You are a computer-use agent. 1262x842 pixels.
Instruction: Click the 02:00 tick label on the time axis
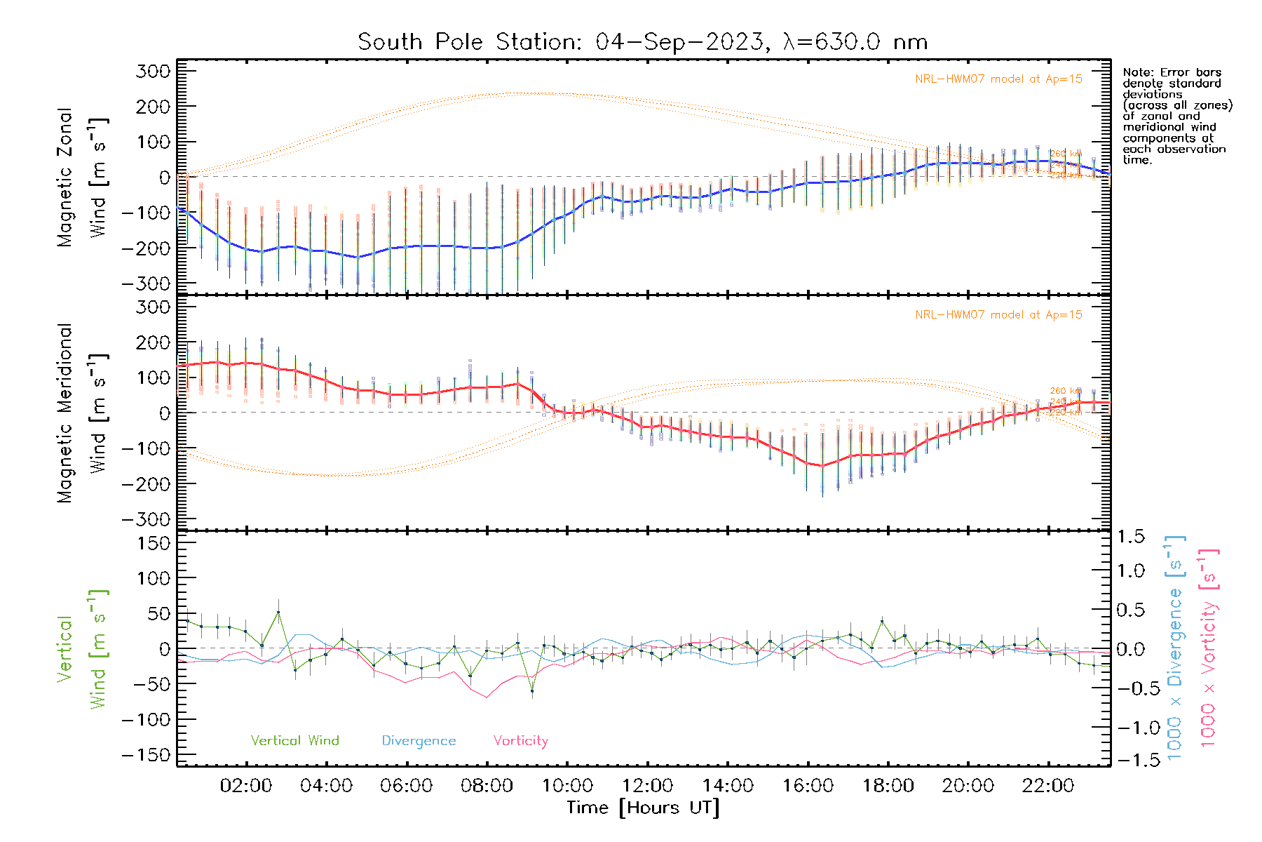245,786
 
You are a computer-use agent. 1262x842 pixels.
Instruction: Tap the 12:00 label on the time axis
647,786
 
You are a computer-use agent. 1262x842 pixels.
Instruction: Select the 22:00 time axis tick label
1048,786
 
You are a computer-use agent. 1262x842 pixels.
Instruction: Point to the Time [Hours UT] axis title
643,808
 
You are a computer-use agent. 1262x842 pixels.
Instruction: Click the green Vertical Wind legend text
294,741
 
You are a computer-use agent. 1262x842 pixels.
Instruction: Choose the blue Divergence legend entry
419,741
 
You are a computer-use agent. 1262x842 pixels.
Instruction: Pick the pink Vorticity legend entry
520,741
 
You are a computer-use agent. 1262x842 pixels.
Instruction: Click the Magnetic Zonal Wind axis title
81,177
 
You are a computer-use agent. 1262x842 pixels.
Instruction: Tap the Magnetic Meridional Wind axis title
81,413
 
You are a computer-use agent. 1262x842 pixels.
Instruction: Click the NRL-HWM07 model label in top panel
998,79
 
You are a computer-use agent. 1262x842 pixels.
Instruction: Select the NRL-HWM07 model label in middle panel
998,315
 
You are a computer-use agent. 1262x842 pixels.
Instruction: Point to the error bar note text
1176,116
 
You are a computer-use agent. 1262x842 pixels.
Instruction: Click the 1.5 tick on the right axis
1130,537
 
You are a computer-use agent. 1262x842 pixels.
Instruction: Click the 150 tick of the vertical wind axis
153,543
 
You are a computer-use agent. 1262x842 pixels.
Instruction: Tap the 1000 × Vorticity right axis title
1208,648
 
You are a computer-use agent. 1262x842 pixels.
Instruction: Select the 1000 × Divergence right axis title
1174,648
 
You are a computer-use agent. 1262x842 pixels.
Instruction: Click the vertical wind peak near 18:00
882,622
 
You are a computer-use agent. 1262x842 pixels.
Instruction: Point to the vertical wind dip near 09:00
532,691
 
